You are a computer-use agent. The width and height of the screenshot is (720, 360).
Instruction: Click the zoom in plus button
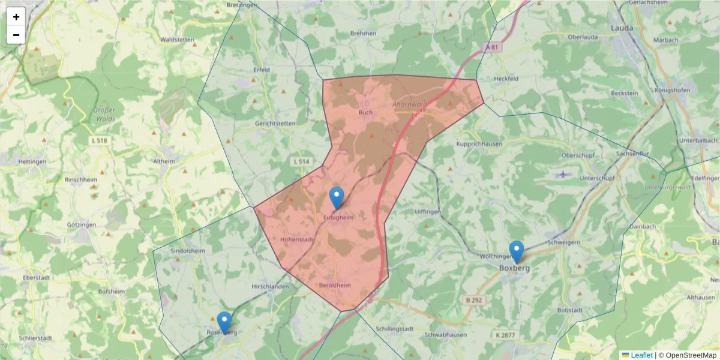pos(16,17)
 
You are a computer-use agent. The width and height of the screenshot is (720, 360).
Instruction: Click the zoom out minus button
pos(16,35)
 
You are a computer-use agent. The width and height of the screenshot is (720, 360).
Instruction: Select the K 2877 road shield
pos(506,334)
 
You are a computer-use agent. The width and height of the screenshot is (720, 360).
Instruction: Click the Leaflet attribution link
pos(641,355)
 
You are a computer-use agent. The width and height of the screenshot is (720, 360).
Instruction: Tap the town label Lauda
pos(621,28)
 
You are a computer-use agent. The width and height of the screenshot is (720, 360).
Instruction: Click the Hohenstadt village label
pos(297,239)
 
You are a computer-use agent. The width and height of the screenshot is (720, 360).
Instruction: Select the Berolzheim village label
pos(335,286)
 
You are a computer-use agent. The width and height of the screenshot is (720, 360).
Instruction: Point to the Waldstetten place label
pos(177,40)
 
